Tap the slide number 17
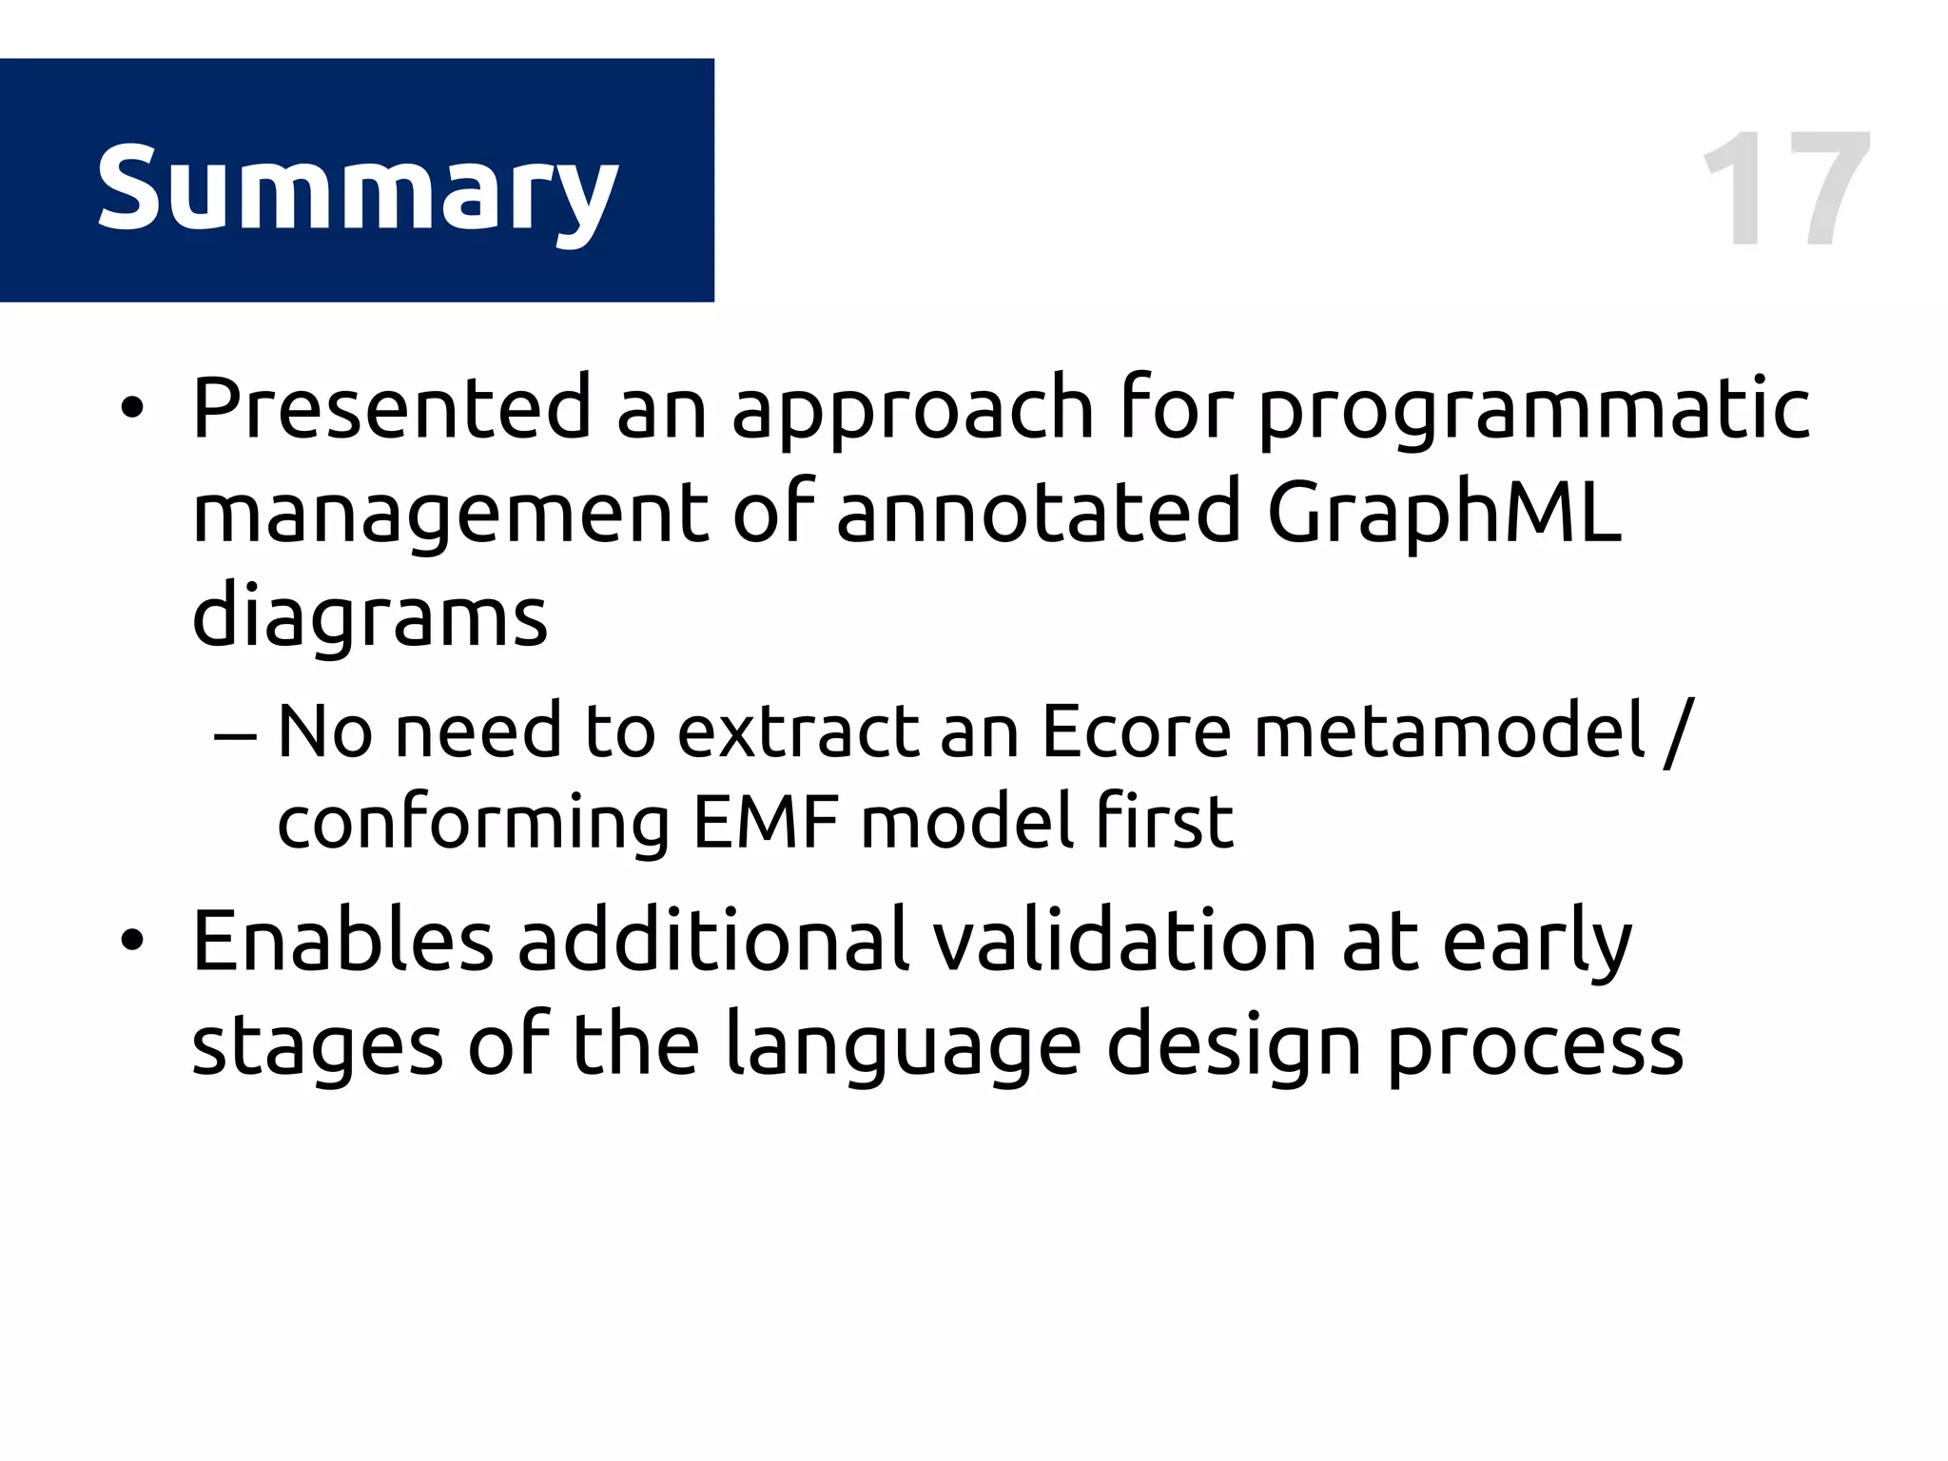point(1786,190)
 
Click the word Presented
point(392,408)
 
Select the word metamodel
point(1450,731)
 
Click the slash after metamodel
point(1678,731)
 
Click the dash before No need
point(235,735)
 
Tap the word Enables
point(342,941)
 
